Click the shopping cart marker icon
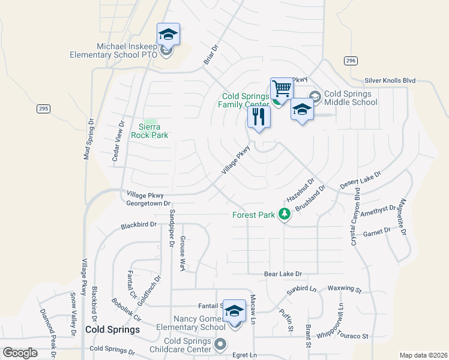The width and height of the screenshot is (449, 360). [x=282, y=89]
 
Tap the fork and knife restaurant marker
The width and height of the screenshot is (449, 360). [x=259, y=116]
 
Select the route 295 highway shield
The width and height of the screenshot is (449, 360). [x=43, y=109]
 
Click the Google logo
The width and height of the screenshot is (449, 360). [x=20, y=353]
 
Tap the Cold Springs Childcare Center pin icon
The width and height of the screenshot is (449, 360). [x=220, y=345]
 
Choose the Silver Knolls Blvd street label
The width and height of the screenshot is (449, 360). [x=390, y=80]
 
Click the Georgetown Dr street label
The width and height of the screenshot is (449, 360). [x=149, y=203]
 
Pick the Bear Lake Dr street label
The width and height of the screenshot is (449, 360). [x=283, y=274]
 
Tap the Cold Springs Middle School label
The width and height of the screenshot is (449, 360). [x=351, y=98]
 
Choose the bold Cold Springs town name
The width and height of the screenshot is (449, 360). [x=112, y=329]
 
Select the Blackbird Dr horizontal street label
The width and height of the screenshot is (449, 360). [x=138, y=226]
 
